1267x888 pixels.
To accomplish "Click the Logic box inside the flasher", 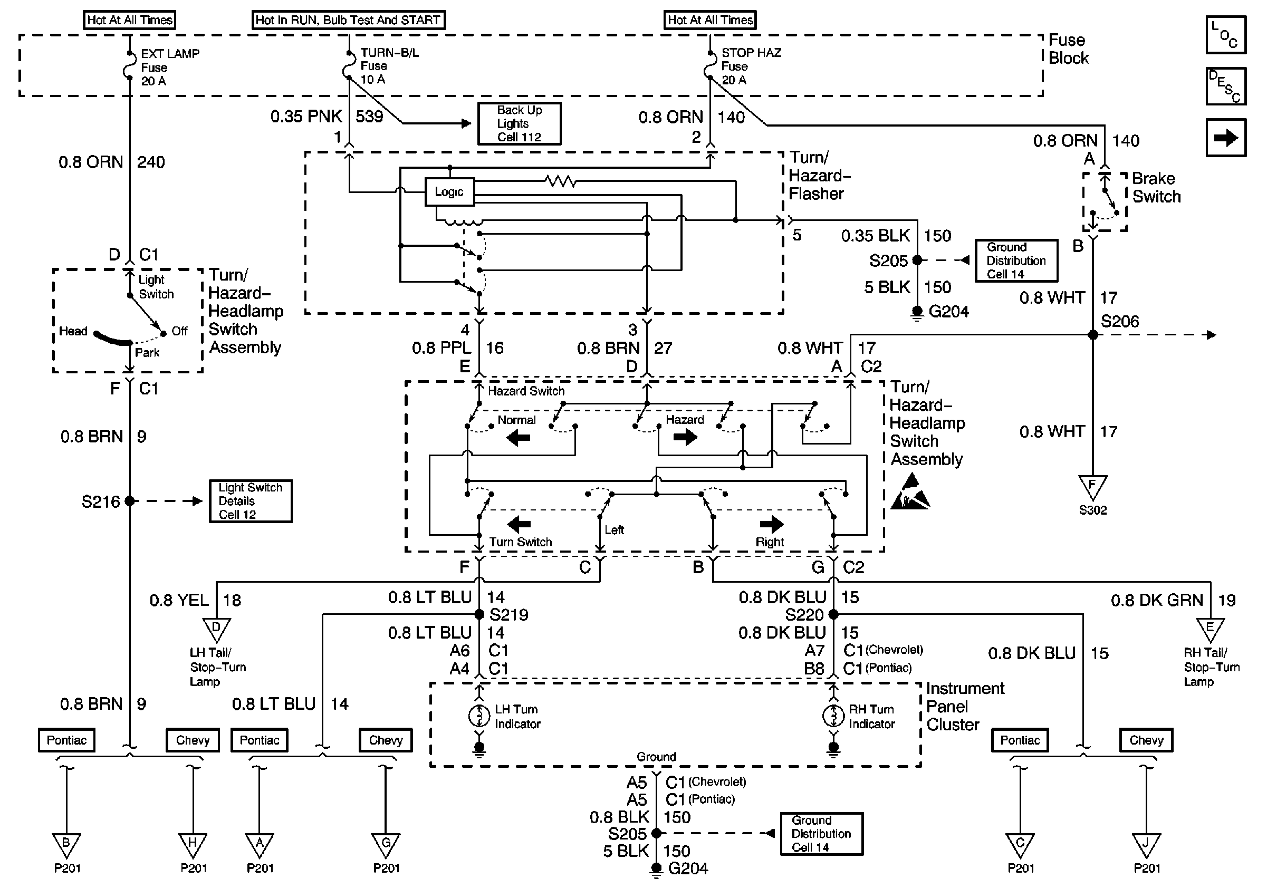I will (449, 192).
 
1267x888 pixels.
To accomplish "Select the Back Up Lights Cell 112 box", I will (519, 123).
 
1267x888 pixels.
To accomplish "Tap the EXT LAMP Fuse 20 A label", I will (169, 67).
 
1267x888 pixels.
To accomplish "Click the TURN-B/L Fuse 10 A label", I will (389, 65).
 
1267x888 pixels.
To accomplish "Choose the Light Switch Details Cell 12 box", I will (251, 501).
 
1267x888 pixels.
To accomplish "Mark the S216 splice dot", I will (130, 501).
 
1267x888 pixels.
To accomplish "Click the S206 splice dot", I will (1092, 335).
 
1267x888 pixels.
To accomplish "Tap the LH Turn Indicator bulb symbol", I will (479, 716).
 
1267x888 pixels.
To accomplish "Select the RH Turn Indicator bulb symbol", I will (833, 716).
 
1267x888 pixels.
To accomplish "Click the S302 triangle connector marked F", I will (1092, 487).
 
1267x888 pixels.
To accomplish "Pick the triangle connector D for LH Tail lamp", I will (216, 628).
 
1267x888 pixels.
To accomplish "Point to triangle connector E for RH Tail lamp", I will (1210, 628).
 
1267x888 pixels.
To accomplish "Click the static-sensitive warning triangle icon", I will (910, 493).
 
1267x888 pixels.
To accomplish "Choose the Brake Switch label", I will (1156, 188).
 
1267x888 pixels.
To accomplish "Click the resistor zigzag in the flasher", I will (560, 181).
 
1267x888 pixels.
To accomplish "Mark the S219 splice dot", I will (479, 614).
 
